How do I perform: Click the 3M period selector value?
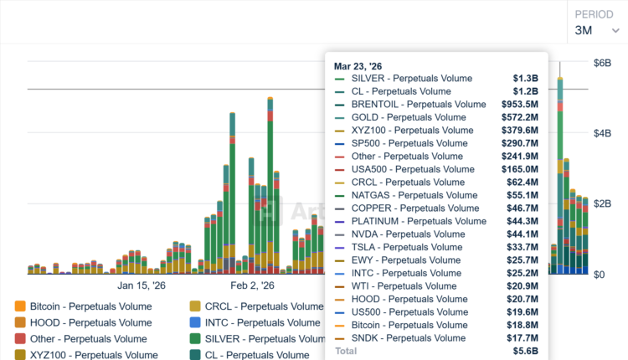click(584, 31)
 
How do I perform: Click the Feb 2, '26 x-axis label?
click(252, 285)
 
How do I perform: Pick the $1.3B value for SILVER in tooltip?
click(525, 78)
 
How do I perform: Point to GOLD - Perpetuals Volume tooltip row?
click(409, 117)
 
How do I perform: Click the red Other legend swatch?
click(21, 339)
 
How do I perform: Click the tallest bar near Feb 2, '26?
click(270, 184)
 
